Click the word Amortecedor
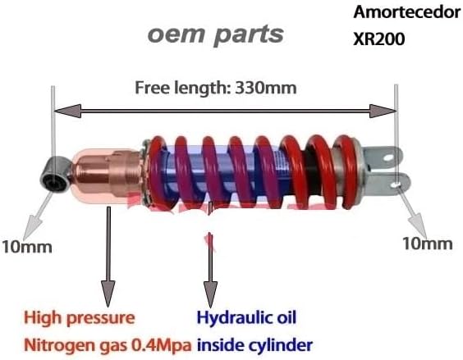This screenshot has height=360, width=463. click(407, 12)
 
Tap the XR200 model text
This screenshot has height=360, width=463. click(378, 39)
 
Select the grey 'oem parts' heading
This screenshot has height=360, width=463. click(216, 34)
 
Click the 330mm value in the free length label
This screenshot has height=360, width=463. click(266, 88)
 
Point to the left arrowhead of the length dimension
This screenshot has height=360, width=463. click(68, 111)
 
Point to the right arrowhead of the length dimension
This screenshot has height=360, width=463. click(383, 111)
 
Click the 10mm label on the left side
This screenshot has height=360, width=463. click(27, 247)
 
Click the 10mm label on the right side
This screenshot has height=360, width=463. click(428, 244)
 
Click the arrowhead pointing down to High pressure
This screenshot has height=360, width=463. click(108, 294)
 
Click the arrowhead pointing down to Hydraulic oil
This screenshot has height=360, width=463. click(210, 294)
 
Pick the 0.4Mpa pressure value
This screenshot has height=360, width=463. click(161, 345)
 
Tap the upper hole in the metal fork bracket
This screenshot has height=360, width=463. click(388, 157)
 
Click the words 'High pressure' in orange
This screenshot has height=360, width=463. click(80, 318)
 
